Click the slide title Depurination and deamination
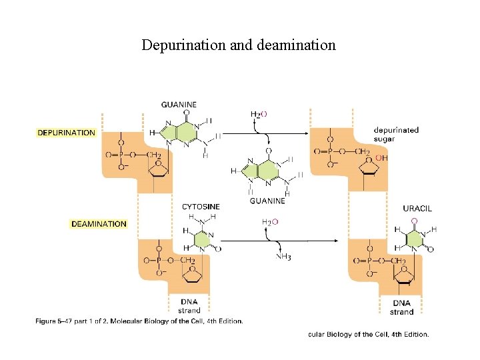coord(239,45)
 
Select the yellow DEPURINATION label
coord(66,133)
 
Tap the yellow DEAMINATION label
coord(99,224)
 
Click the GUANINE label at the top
coord(179,105)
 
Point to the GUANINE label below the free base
coord(267,200)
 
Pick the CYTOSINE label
coord(201,207)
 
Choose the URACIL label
coord(417,208)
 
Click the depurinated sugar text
coord(396,134)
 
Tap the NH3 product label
coord(283,257)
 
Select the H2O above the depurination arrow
coord(259,114)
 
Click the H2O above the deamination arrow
coord(270,221)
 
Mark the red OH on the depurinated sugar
coord(382,158)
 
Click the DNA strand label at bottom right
coord(402,307)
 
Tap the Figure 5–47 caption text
coord(139,321)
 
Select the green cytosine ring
coord(201,239)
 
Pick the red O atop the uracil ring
coord(414,220)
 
